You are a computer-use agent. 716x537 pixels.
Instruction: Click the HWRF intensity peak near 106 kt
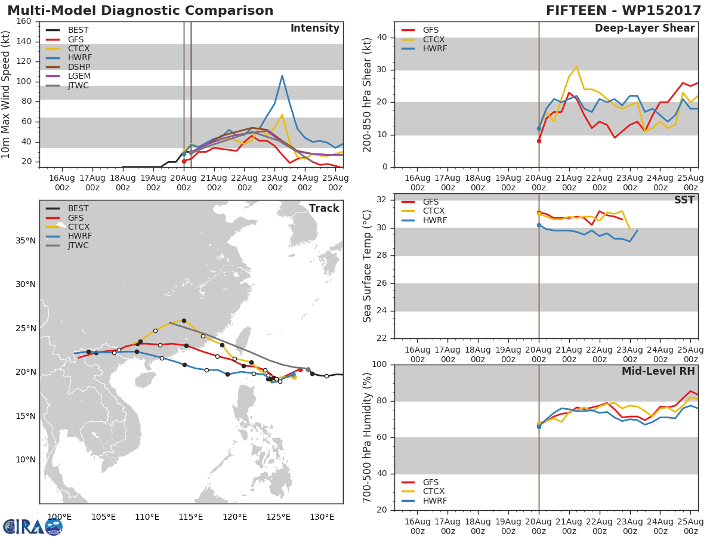click(x=282, y=76)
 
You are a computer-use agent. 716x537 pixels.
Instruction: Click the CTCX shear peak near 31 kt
click(x=576, y=67)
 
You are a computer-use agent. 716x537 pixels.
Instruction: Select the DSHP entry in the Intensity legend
click(x=78, y=67)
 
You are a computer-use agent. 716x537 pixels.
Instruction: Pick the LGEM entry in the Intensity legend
click(x=79, y=76)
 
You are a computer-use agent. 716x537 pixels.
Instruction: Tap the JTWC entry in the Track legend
click(x=78, y=245)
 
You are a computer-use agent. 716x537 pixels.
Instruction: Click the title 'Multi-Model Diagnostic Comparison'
click(x=140, y=11)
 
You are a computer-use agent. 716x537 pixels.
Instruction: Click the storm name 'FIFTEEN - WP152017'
click(x=624, y=11)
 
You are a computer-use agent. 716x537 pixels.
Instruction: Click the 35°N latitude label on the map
click(x=25, y=241)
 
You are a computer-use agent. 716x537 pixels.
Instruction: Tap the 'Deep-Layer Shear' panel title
click(x=644, y=29)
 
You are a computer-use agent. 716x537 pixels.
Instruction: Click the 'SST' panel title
click(x=684, y=200)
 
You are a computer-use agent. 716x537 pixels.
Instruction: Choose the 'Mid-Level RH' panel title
click(x=658, y=371)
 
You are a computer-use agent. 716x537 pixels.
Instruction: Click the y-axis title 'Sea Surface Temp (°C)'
click(x=368, y=266)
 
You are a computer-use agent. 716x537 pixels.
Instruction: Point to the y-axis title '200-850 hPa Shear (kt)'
click(x=368, y=94)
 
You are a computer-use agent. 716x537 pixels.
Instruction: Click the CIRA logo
click(x=32, y=526)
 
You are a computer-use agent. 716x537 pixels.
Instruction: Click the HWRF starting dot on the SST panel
click(x=539, y=225)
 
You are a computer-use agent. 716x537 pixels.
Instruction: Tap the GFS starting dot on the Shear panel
click(x=539, y=141)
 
